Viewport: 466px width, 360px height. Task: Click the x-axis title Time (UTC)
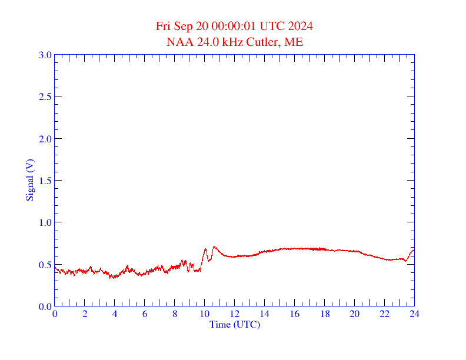tap(234, 324)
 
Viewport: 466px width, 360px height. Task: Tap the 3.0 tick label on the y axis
tap(45, 55)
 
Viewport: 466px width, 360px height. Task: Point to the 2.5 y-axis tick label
tap(45, 96)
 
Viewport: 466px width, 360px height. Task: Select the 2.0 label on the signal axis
tap(45, 139)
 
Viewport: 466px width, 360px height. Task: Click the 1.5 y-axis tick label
tap(45, 181)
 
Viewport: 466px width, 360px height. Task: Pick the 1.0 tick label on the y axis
tap(45, 222)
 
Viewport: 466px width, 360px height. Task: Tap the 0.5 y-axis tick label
tap(45, 265)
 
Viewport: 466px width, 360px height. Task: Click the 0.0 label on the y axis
tap(45, 306)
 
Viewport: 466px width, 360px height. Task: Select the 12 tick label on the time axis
tap(234, 314)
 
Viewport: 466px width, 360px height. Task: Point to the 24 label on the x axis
tap(414, 314)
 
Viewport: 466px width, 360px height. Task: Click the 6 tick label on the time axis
tap(145, 314)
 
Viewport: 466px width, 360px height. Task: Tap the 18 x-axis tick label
tap(324, 314)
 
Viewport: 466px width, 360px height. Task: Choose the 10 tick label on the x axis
tap(204, 314)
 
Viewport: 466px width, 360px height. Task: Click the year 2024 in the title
tap(301, 26)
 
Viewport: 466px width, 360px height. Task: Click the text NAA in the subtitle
tap(177, 42)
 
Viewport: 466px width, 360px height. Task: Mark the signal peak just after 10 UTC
tap(214, 246)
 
